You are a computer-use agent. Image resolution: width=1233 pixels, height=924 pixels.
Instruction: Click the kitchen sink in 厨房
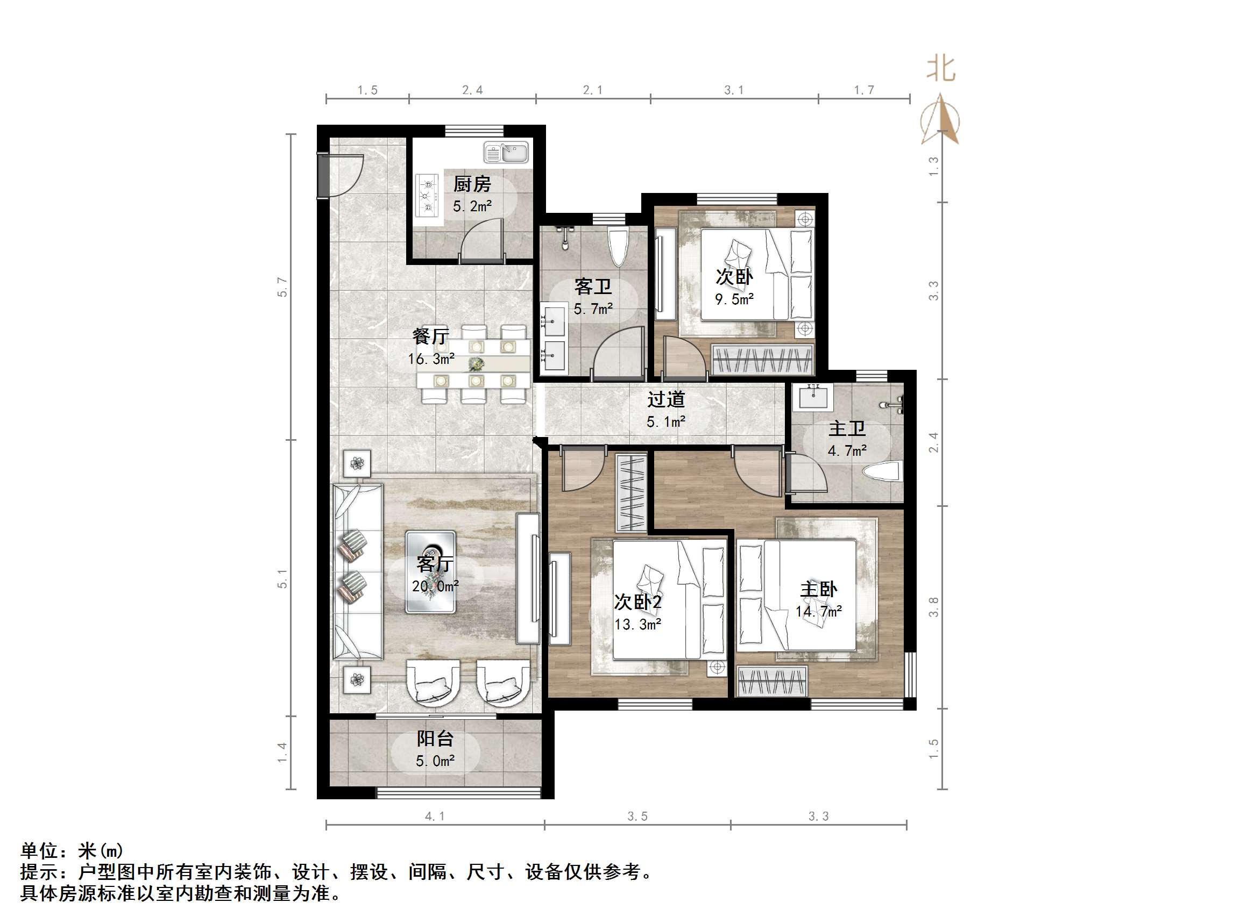click(506, 153)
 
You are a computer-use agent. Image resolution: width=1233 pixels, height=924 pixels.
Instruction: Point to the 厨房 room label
click(472, 184)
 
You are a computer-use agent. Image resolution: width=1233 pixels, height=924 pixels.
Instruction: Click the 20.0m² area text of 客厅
click(435, 586)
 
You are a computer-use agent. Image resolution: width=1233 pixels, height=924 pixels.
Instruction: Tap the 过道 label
click(665, 399)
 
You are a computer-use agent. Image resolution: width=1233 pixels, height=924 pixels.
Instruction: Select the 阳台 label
click(435, 739)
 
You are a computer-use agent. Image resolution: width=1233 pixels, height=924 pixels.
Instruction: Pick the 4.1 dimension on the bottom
click(435, 816)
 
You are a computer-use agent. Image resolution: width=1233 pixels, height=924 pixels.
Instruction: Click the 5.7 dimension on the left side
click(283, 287)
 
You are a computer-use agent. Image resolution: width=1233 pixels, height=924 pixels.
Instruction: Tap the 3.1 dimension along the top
click(734, 90)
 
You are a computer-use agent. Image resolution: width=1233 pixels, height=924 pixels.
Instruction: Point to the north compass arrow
click(941, 120)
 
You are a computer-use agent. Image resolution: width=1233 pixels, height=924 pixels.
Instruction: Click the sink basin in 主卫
click(813, 397)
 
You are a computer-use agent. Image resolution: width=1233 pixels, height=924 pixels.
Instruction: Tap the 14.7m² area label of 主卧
click(818, 611)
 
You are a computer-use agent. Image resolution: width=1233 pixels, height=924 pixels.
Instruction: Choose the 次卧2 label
click(637, 601)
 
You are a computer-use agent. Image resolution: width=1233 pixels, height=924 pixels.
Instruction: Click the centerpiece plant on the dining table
click(476, 364)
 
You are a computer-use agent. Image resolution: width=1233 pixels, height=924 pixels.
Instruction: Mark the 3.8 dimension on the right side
click(934, 606)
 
